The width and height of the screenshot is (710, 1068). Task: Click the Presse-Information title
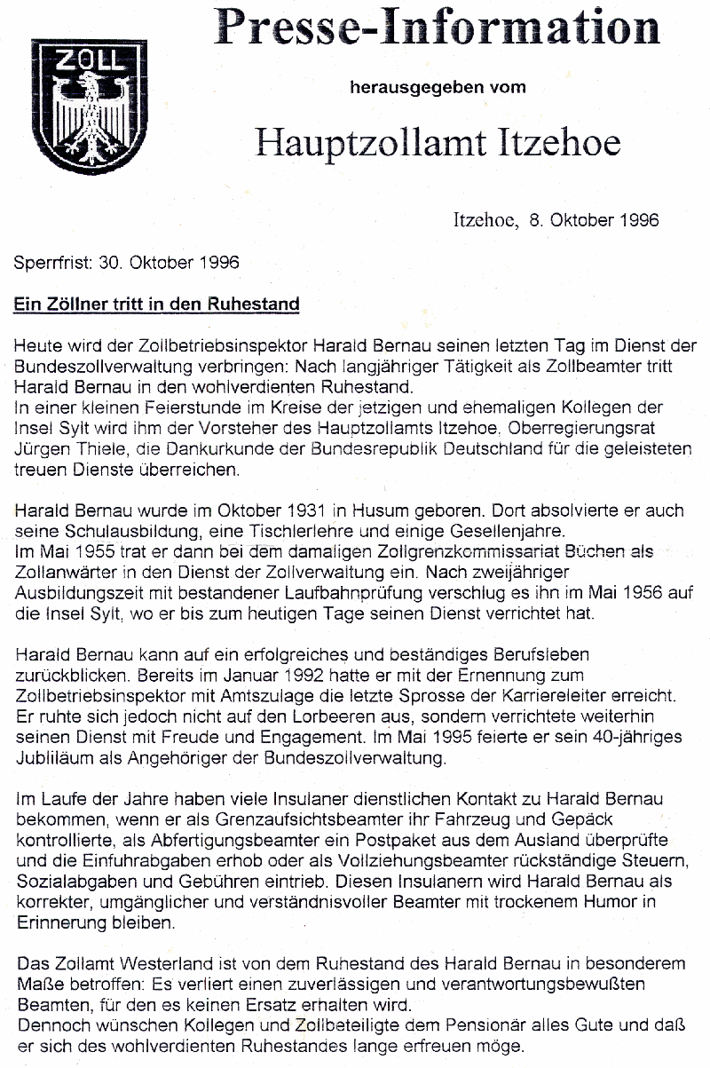(438, 30)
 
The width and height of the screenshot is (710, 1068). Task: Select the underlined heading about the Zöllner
(156, 305)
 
